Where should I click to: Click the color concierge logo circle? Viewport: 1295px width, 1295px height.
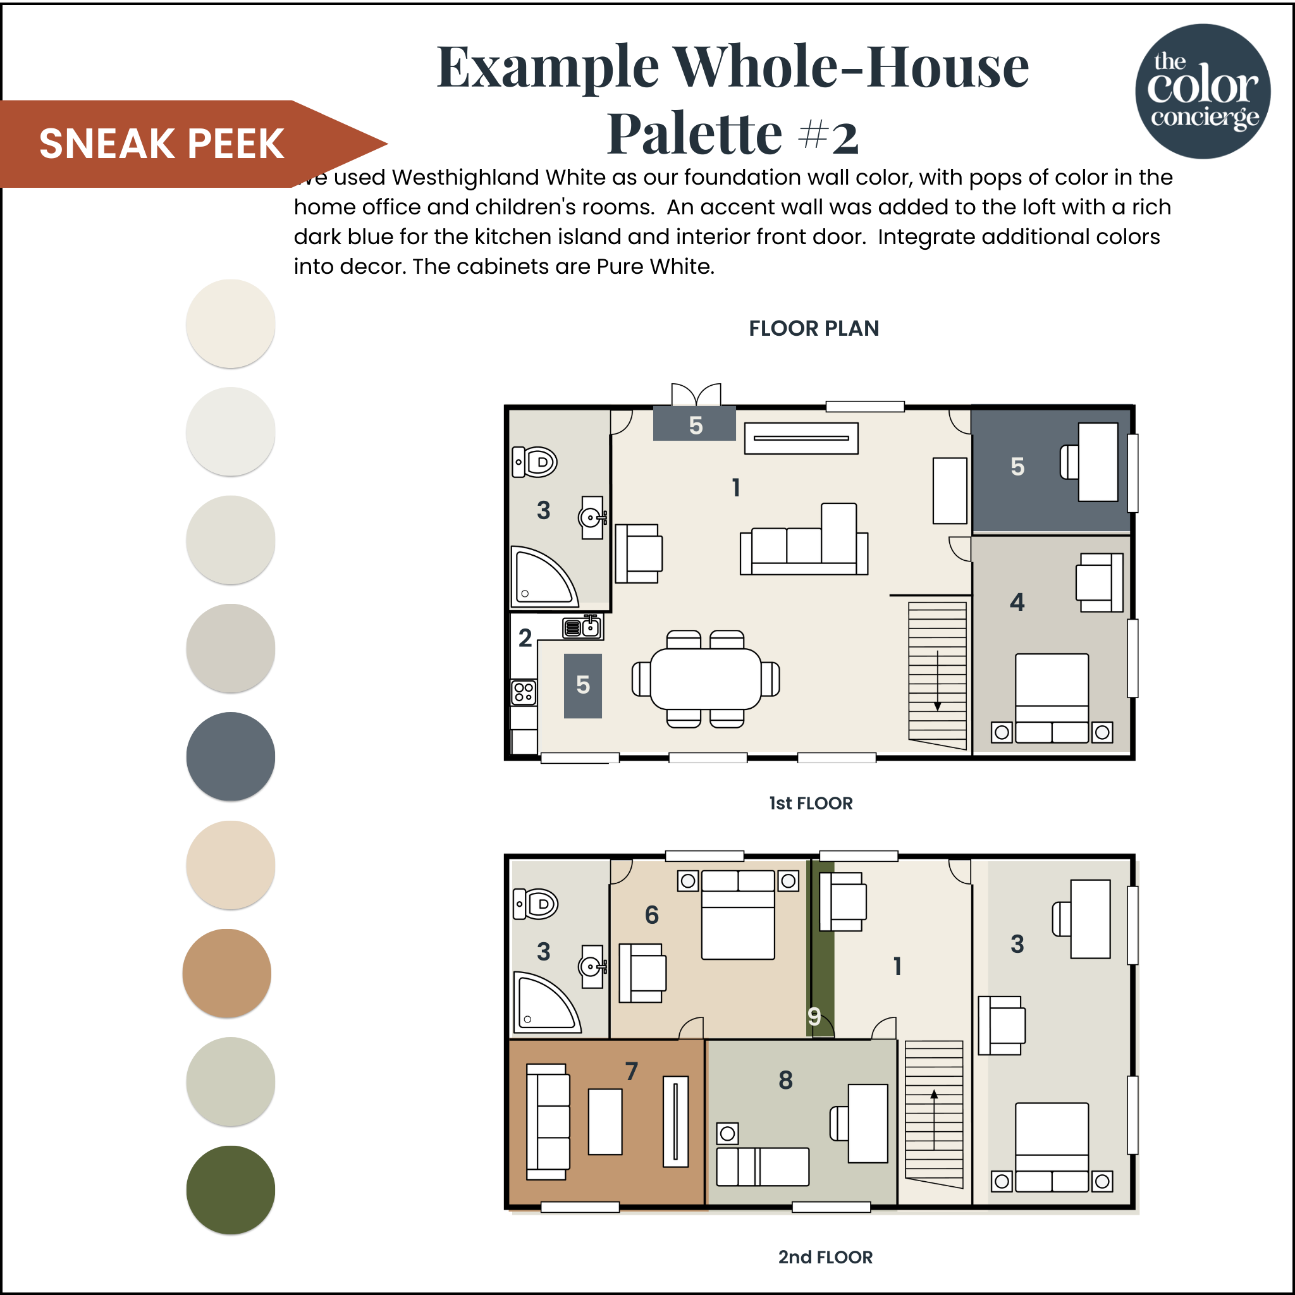tap(1203, 91)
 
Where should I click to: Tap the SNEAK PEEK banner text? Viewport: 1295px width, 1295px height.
tap(161, 144)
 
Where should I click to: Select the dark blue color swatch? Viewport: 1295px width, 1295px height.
tap(231, 756)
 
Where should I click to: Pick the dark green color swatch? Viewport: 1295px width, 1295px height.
tap(231, 1190)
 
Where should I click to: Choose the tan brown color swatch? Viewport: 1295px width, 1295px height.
tap(227, 973)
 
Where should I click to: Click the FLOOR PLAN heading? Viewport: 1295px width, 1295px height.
tap(814, 328)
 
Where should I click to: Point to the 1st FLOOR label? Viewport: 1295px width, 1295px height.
tap(811, 803)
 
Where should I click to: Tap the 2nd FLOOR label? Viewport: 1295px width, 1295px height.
tap(825, 1257)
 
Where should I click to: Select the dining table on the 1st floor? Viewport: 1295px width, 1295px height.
tap(706, 679)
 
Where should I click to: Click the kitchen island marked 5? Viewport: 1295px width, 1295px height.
tap(582, 685)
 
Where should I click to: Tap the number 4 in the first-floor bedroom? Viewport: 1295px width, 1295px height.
tap(1017, 602)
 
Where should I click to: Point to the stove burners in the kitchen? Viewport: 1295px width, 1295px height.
tap(524, 692)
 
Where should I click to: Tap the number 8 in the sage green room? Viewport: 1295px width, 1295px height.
tap(785, 1080)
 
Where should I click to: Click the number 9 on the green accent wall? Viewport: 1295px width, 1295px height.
tap(814, 1016)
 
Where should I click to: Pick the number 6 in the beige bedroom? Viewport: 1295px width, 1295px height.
tap(651, 915)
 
